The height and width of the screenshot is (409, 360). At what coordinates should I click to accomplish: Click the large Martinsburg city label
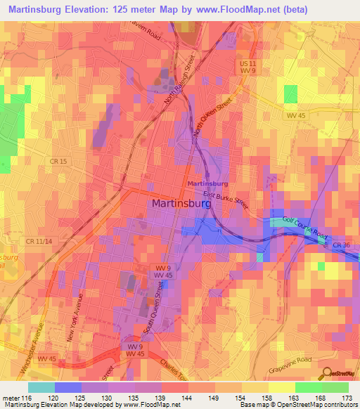tap(181, 203)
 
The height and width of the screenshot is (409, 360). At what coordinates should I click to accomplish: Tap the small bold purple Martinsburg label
tap(207, 183)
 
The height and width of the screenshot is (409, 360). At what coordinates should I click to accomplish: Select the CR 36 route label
tap(341, 245)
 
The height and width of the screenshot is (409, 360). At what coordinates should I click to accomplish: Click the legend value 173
tap(346, 397)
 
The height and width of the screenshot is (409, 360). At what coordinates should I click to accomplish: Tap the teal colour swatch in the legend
tap(41, 387)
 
